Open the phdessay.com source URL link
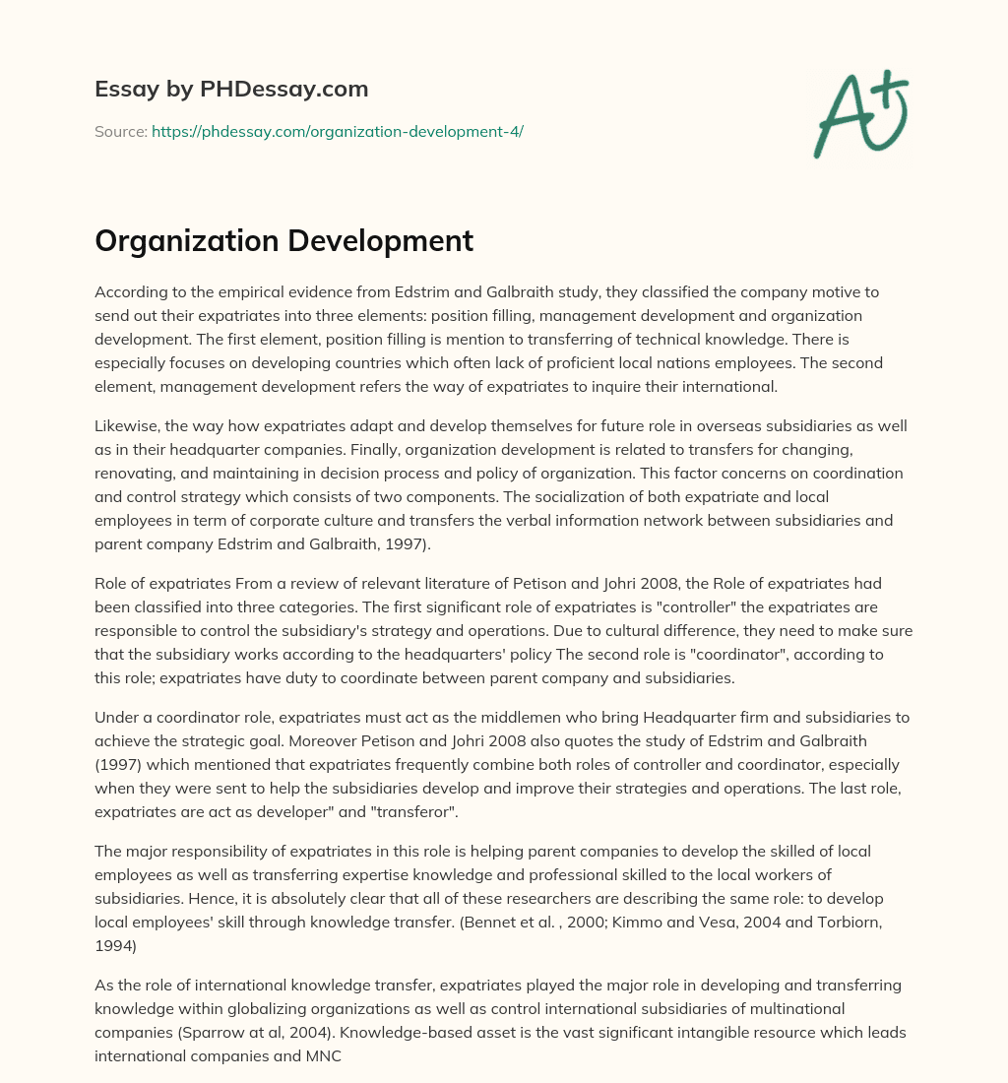click(338, 131)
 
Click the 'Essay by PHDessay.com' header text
click(231, 89)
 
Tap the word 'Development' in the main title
click(378, 240)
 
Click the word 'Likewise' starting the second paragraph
click(125, 426)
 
